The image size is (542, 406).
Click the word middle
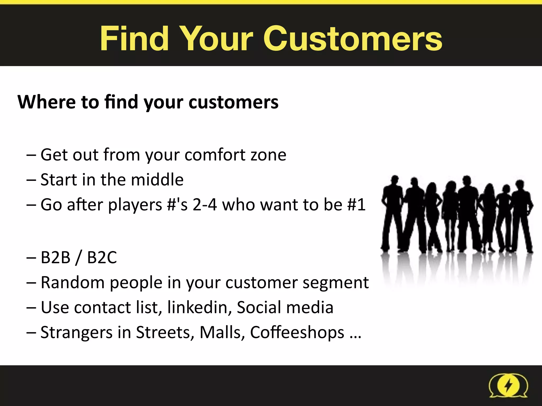[x=157, y=180]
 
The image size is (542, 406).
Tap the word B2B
[x=56, y=257]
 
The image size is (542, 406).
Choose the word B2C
[x=102, y=257]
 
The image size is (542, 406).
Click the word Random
[x=73, y=282]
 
